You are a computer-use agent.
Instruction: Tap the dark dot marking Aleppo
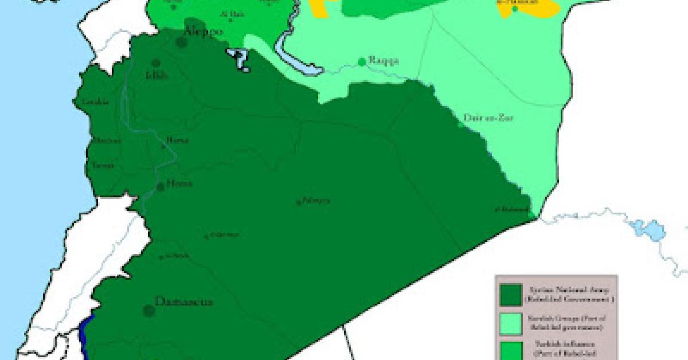(183, 42)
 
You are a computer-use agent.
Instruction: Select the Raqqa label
(384, 61)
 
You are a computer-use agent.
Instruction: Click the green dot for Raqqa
(362, 61)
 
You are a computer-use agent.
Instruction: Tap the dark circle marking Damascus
(149, 311)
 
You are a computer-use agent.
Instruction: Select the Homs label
(178, 183)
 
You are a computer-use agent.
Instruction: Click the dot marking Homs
(161, 187)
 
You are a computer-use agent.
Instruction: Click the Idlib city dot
(155, 63)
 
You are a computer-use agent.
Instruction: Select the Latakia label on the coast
(95, 102)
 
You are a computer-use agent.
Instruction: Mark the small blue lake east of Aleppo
(240, 59)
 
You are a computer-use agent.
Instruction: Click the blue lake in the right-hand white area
(646, 229)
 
